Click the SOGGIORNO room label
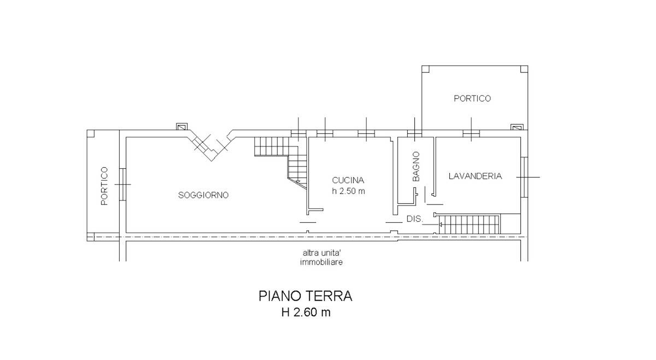coord(203,195)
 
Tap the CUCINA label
coord(348,180)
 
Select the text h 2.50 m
coord(348,191)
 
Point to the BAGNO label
coord(416,167)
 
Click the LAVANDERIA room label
coord(475,176)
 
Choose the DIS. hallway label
coord(414,219)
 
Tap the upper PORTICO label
coord(472,98)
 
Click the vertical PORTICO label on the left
coord(104,186)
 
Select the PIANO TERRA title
coord(306,296)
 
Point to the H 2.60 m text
coord(306,313)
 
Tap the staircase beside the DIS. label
coord(469,224)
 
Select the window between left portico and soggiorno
coord(123,184)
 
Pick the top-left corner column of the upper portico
coord(426,69)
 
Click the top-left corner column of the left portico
coord(91,133)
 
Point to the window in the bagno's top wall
coord(414,133)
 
